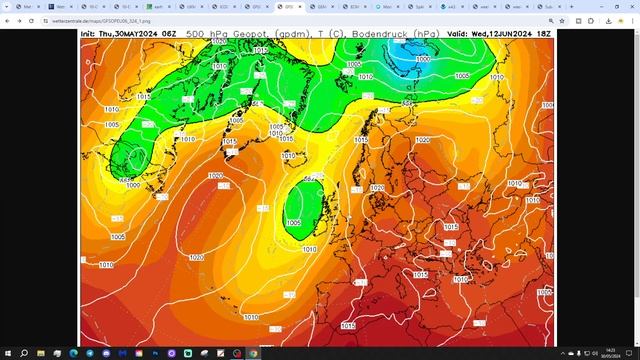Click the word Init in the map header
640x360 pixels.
click(90, 33)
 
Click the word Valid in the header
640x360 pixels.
click(457, 33)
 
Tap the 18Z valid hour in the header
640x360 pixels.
click(544, 33)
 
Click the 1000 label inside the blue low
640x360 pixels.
click(424, 59)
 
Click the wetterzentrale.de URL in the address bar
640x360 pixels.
click(100, 19)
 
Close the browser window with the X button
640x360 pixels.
click(628, 5)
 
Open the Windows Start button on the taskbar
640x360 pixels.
click(8, 353)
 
